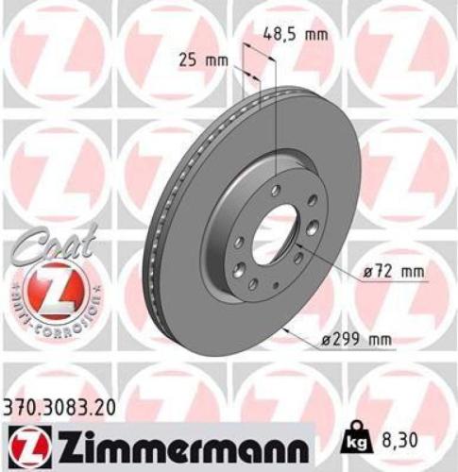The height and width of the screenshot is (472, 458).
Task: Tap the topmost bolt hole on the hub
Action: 274,191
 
